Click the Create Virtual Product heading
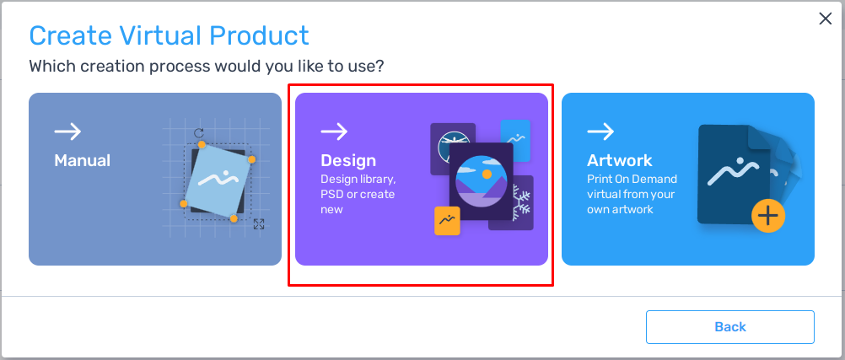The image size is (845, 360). tap(170, 35)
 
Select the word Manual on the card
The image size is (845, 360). tap(83, 160)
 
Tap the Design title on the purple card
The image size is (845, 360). tap(348, 160)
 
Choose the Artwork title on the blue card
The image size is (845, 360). tap(620, 160)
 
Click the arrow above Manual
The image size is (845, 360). tap(68, 132)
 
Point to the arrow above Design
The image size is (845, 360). tap(334, 132)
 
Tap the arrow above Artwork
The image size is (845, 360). tap(600, 132)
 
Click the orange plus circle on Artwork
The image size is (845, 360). tap(768, 216)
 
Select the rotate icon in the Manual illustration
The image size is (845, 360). tap(199, 133)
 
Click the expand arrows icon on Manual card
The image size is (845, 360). tap(259, 224)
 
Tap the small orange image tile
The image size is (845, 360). tap(447, 221)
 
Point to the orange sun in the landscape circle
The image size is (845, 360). tap(487, 174)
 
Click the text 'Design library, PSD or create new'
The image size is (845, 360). tap(358, 193)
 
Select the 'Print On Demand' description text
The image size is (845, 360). tap(632, 193)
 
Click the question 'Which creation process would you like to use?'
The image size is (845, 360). tap(207, 67)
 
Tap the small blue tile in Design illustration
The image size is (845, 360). tap(515, 141)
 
